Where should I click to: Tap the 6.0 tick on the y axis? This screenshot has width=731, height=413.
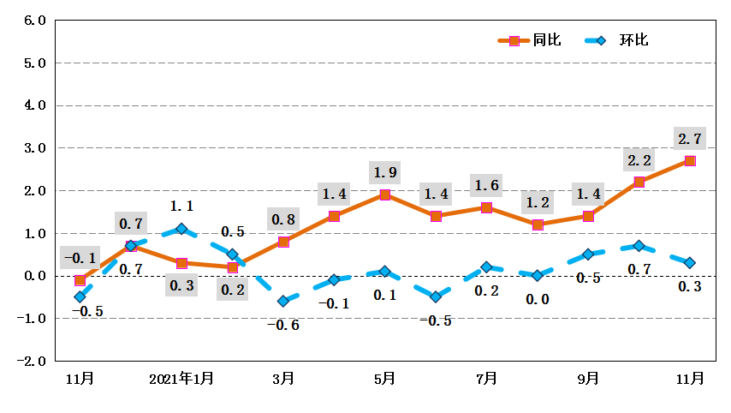33,20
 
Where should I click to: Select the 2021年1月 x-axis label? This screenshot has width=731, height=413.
181,378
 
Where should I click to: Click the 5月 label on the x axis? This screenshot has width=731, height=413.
384,378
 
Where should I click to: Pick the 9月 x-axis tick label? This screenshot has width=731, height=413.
588,378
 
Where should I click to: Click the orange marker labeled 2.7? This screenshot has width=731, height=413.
690,161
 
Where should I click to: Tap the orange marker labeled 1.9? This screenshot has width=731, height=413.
385,195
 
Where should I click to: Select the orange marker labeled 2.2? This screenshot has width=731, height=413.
639,182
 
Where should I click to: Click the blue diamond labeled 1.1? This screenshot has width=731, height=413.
181,229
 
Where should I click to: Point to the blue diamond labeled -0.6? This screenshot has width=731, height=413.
283,301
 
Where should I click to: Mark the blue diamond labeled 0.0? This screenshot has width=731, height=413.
538,276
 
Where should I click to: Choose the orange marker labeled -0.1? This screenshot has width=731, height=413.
80,280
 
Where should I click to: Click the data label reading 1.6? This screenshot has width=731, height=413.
486,185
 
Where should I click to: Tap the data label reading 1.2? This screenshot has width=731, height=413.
538,202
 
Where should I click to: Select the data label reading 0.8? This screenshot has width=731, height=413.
283,219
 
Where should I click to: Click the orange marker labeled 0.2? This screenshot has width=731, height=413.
233,267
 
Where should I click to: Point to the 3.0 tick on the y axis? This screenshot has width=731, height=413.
33,147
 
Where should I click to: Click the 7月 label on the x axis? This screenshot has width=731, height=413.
486,378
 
